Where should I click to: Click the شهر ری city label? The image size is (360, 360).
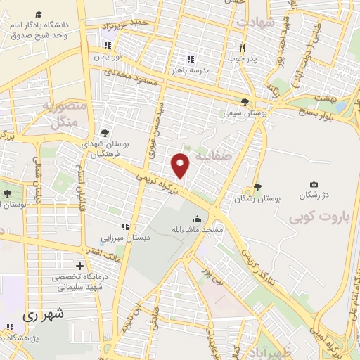point(43,315)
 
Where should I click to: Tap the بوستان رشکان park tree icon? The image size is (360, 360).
point(258,186)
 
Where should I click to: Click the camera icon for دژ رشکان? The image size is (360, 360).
point(314,184)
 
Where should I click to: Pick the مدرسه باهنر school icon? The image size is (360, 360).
point(190,59)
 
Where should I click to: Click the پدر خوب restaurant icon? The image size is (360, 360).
point(240,48)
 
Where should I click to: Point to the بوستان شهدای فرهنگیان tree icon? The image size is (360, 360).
point(105,131)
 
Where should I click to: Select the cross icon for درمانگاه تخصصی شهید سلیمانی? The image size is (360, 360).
point(79,266)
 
